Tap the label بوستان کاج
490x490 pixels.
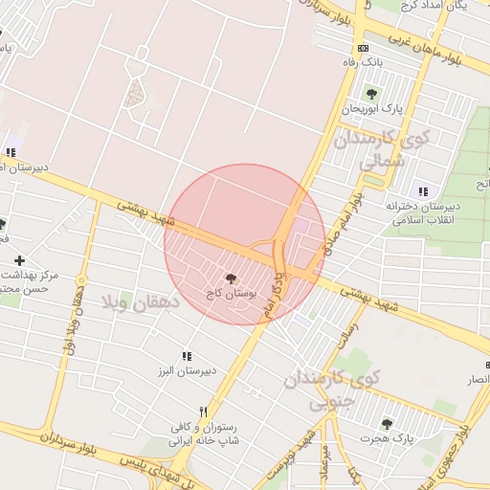point(226,291)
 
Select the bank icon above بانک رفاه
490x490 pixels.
point(362,48)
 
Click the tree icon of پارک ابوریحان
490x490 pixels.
point(371,93)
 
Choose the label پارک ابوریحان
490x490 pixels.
point(370,108)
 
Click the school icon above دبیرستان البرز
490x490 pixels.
point(188,355)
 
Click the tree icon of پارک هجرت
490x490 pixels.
point(387,423)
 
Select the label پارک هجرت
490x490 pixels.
point(387,438)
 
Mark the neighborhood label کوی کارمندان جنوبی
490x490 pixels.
point(331,389)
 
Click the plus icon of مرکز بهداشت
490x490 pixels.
point(19,260)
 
